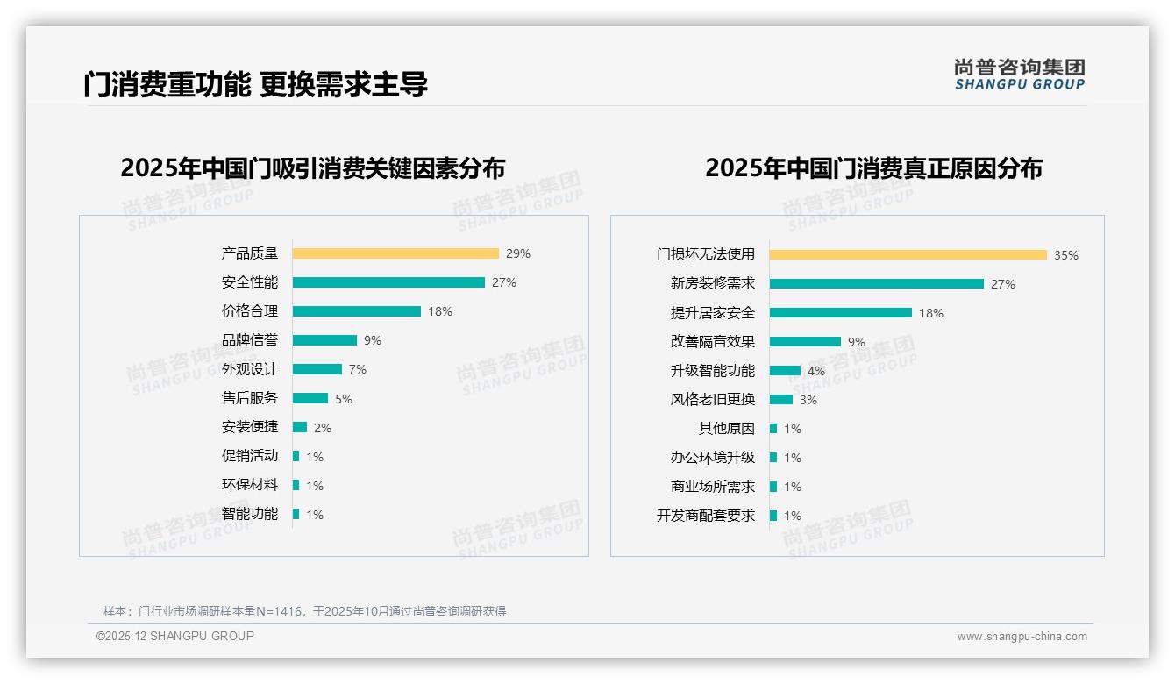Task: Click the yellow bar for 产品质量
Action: [395, 253]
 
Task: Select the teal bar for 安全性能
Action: [388, 282]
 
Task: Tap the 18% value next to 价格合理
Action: [440, 311]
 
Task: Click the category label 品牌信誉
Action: [250, 340]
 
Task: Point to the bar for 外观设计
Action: [317, 369]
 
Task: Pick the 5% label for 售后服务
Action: [344, 399]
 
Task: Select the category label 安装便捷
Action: [250, 427]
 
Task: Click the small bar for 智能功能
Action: [296, 514]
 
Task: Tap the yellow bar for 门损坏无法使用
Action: [908, 255]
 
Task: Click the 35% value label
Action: [1066, 255]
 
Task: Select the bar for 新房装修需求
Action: [877, 284]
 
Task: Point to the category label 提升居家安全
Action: [713, 313]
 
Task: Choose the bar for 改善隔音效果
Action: [805, 342]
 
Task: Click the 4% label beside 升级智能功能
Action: [816, 371]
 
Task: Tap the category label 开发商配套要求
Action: [706, 516]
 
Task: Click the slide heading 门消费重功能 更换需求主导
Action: [255, 85]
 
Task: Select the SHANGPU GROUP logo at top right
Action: [1020, 75]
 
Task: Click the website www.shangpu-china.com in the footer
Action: [1022, 637]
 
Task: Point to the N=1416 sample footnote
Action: [304, 611]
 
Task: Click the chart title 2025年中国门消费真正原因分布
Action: [873, 167]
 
